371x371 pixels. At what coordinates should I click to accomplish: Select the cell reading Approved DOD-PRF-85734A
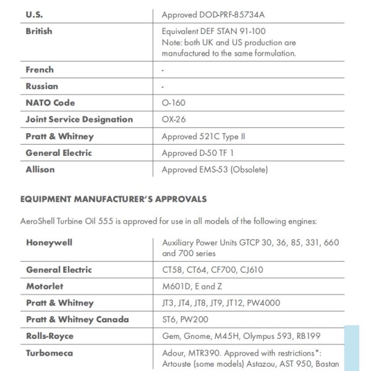(213, 14)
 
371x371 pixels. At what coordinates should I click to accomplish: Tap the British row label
(39, 31)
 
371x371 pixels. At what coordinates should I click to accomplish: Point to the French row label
(40, 70)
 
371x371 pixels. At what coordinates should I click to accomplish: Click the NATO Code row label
(50, 103)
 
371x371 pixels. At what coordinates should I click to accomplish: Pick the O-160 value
(173, 103)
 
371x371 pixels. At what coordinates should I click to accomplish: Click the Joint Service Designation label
(79, 119)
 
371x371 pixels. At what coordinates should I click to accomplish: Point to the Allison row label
(40, 169)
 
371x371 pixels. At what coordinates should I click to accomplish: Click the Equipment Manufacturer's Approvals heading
(113, 199)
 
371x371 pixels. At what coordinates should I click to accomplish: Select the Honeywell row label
(49, 242)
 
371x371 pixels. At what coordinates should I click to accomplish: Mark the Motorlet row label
(45, 286)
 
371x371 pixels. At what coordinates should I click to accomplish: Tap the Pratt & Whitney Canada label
(77, 320)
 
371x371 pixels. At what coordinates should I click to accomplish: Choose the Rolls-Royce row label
(49, 336)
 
